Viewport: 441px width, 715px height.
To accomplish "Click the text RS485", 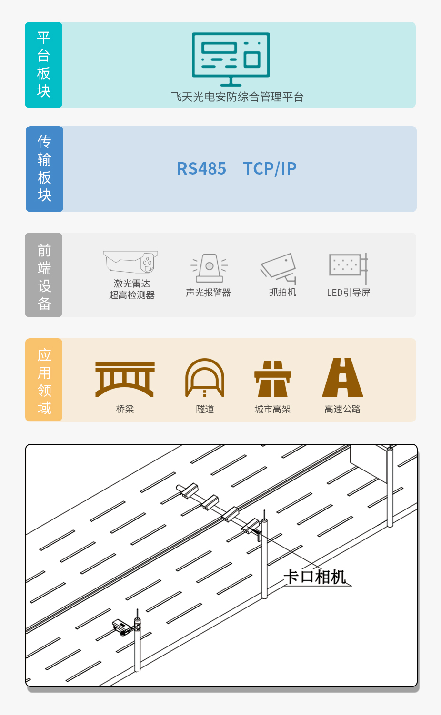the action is point(201,168).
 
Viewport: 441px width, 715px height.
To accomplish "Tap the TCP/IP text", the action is point(270,168).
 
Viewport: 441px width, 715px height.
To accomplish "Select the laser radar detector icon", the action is point(130,262).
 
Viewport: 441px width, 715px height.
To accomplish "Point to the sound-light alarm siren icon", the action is point(210,268).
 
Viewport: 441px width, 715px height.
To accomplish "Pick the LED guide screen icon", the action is point(348,268).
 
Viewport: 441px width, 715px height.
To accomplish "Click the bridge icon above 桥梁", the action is point(125,379).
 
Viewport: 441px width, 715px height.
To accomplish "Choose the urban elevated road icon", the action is point(272,379).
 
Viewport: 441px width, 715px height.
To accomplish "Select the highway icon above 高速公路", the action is point(342,377).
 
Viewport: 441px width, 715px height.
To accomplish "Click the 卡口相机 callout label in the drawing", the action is point(315,577).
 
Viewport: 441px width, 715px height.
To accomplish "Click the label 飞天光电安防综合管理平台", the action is point(238,97).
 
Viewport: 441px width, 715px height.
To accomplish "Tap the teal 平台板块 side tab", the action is point(43,65).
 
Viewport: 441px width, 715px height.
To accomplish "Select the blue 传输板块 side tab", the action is point(44,169).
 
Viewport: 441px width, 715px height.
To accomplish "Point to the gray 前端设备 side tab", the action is point(43,275).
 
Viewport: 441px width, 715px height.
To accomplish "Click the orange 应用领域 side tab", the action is point(44,380).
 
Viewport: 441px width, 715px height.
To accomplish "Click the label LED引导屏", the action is point(348,293).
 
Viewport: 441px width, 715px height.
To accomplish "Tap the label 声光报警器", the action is point(209,293).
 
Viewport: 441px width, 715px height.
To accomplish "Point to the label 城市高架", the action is point(272,409).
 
